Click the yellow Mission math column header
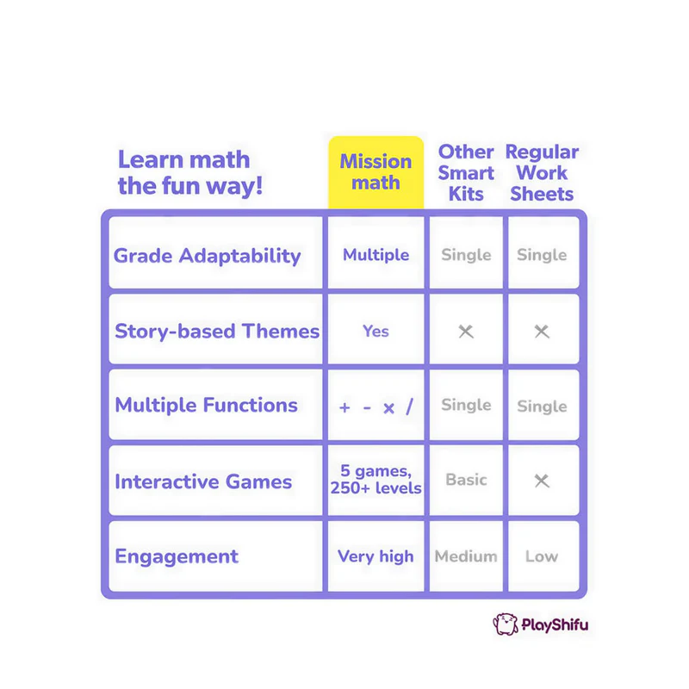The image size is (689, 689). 376,172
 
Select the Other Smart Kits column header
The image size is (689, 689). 466,173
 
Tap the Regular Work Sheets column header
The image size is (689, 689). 542,173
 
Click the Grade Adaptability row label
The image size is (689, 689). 207,256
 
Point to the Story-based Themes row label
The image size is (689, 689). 217,332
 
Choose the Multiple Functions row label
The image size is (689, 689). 206,405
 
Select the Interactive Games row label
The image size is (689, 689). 203,481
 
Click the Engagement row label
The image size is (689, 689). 177,556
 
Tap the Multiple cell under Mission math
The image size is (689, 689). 376,255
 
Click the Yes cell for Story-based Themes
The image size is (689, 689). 376,332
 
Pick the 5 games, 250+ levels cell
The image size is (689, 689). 376,480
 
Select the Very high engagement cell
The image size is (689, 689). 376,556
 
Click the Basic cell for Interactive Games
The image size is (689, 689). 466,480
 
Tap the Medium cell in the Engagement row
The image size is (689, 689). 466,556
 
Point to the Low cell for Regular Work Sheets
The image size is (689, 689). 542,556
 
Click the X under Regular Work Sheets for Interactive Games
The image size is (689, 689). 542,481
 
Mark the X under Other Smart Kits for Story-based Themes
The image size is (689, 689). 466,332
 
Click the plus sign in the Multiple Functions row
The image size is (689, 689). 345,407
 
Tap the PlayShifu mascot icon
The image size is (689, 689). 506,624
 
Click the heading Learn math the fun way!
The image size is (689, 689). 190,173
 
